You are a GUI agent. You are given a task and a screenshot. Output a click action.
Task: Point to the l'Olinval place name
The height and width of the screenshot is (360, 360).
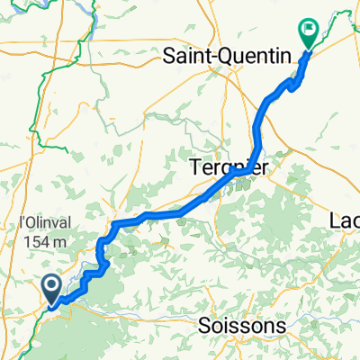coord(40,222)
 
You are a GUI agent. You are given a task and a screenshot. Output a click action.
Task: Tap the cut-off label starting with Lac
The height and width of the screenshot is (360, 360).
coord(345,221)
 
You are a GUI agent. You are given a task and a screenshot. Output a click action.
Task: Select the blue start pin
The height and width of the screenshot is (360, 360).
coord(51,289)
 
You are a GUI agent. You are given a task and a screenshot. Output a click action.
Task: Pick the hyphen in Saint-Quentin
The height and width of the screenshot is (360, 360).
coord(212,57)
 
